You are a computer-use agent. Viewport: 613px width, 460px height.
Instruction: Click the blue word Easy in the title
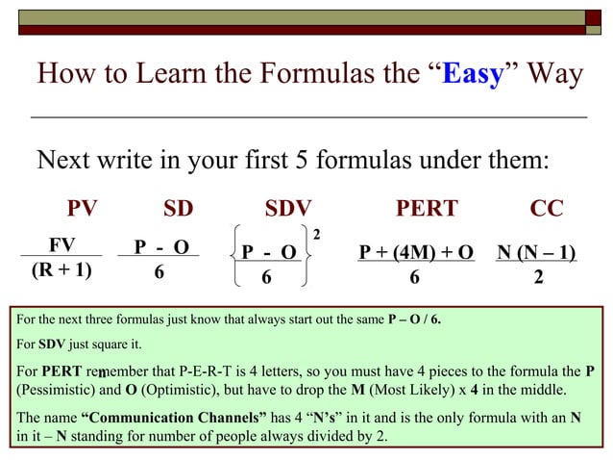(x=473, y=74)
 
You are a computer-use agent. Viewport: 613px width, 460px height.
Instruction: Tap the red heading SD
(x=178, y=210)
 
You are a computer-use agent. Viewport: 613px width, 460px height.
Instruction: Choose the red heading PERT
(x=428, y=210)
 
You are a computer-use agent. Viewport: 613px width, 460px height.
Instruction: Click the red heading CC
(x=547, y=210)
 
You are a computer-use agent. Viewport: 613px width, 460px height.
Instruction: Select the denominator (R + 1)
(x=61, y=269)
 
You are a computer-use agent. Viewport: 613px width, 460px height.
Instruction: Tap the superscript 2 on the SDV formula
(x=317, y=234)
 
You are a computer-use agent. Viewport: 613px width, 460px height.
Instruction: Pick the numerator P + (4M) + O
(x=416, y=252)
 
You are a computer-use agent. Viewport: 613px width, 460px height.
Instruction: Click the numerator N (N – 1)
(x=536, y=252)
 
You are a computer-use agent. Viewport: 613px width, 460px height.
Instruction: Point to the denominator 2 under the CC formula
(x=538, y=277)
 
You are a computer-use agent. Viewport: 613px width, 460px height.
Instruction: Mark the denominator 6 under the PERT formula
(x=414, y=277)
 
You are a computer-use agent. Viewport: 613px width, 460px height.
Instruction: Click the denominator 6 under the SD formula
(x=159, y=273)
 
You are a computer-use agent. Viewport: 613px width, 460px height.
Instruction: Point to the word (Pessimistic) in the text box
(x=54, y=390)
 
